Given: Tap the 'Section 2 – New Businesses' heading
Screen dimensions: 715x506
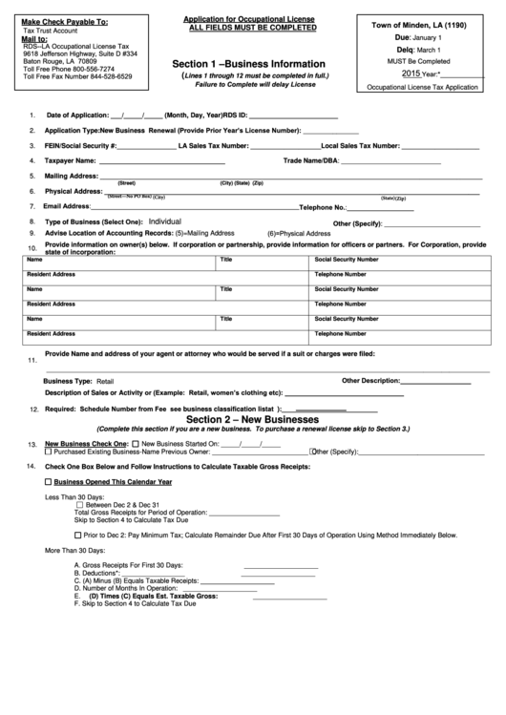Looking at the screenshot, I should [x=251, y=419].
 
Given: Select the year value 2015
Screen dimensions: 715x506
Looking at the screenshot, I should [x=411, y=73].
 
